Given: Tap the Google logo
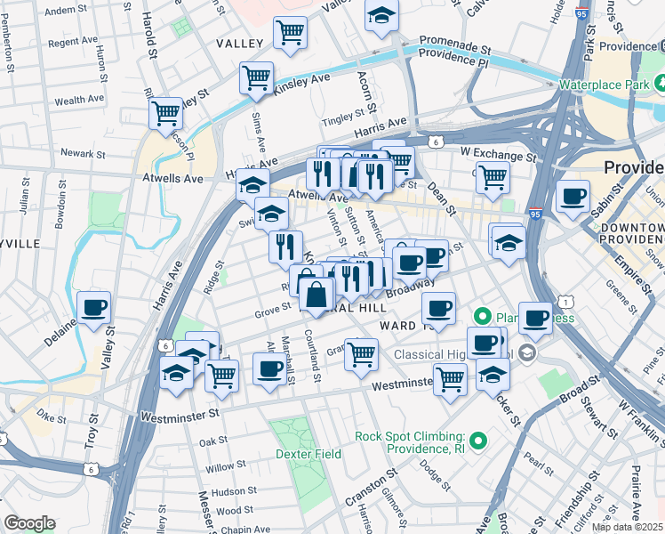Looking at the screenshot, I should pyautogui.click(x=29, y=523).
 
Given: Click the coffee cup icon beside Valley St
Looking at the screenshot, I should pyautogui.click(x=93, y=308).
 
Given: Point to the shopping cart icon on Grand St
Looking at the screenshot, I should pyautogui.click(x=361, y=353).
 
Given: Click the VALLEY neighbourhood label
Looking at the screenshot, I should pyautogui.click(x=239, y=44).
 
